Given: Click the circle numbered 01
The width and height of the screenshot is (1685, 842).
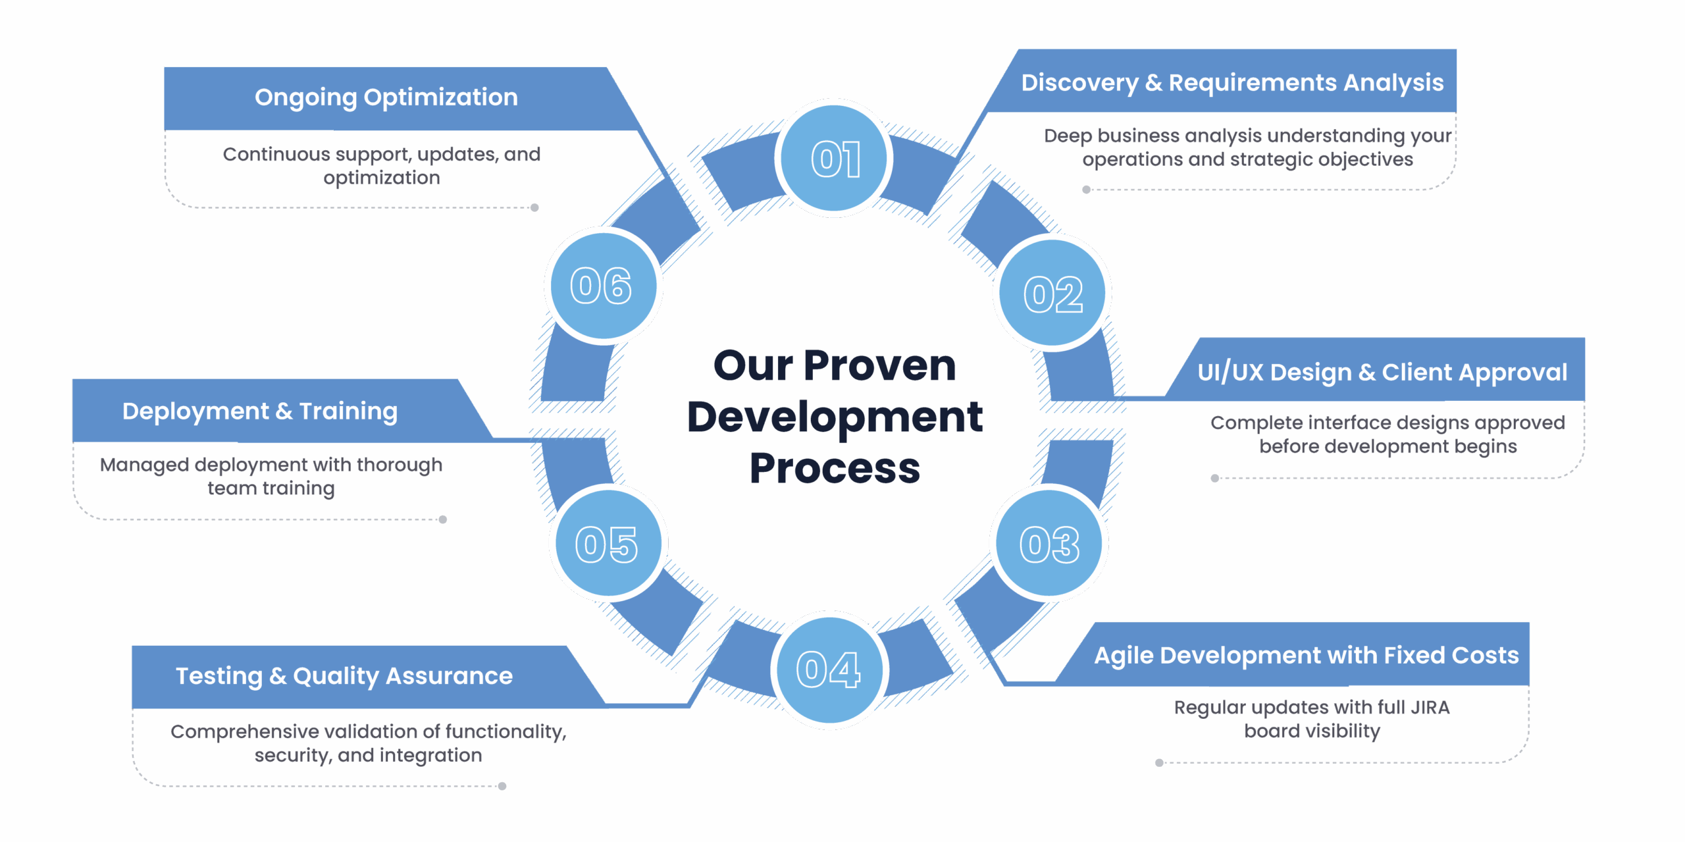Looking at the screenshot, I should pyautogui.click(x=834, y=159).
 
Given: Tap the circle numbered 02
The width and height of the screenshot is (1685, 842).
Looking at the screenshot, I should pyautogui.click(x=1052, y=293).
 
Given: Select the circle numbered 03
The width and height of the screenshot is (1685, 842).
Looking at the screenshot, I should pyautogui.click(x=1049, y=544).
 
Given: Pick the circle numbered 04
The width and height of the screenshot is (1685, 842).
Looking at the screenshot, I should pyautogui.click(x=829, y=670).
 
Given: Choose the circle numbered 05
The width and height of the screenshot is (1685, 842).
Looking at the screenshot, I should pyautogui.click(x=608, y=544).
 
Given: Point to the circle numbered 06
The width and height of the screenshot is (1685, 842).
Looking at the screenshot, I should pyautogui.click(x=603, y=286).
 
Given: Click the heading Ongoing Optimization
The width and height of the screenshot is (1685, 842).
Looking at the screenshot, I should pyautogui.click(x=386, y=97).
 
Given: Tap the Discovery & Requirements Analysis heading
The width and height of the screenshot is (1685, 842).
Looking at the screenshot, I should pyautogui.click(x=1232, y=83).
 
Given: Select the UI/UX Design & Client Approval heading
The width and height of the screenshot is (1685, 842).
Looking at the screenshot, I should pyautogui.click(x=1382, y=373).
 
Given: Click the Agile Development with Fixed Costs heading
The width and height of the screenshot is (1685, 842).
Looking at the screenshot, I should pyautogui.click(x=1307, y=656).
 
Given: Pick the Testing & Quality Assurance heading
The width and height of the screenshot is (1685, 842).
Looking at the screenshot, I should pyautogui.click(x=344, y=676).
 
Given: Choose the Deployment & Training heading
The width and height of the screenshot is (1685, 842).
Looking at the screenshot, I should pyautogui.click(x=260, y=411).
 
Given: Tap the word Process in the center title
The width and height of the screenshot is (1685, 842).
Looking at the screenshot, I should pyautogui.click(x=835, y=469).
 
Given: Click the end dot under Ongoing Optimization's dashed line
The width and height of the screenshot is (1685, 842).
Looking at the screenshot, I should pyautogui.click(x=534, y=208).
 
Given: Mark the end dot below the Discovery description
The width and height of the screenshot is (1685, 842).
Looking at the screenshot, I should pyautogui.click(x=1086, y=190).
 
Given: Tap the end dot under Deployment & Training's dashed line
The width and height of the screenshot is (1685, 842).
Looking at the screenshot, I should pyautogui.click(x=443, y=519).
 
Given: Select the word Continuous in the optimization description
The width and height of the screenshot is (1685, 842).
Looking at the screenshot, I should pyautogui.click(x=276, y=154).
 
